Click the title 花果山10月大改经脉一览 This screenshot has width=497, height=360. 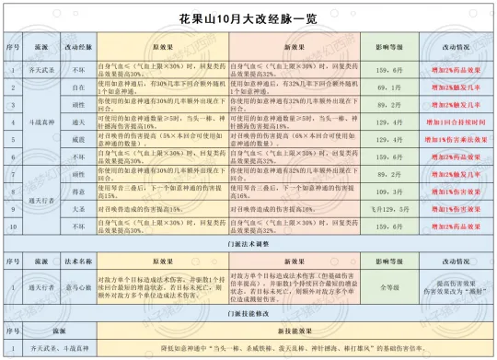[248, 18]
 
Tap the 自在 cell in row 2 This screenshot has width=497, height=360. [78, 86]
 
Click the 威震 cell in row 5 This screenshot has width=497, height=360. [78, 138]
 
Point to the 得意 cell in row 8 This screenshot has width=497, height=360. [78, 192]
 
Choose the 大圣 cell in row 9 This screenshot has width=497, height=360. [78, 209]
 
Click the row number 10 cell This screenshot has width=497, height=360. [12, 226]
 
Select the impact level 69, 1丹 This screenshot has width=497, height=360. [387, 86]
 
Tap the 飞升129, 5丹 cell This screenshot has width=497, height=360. [387, 209]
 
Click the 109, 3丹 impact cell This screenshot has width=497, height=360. [387, 192]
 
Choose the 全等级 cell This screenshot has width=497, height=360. [387, 286]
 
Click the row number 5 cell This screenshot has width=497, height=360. [12, 138]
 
